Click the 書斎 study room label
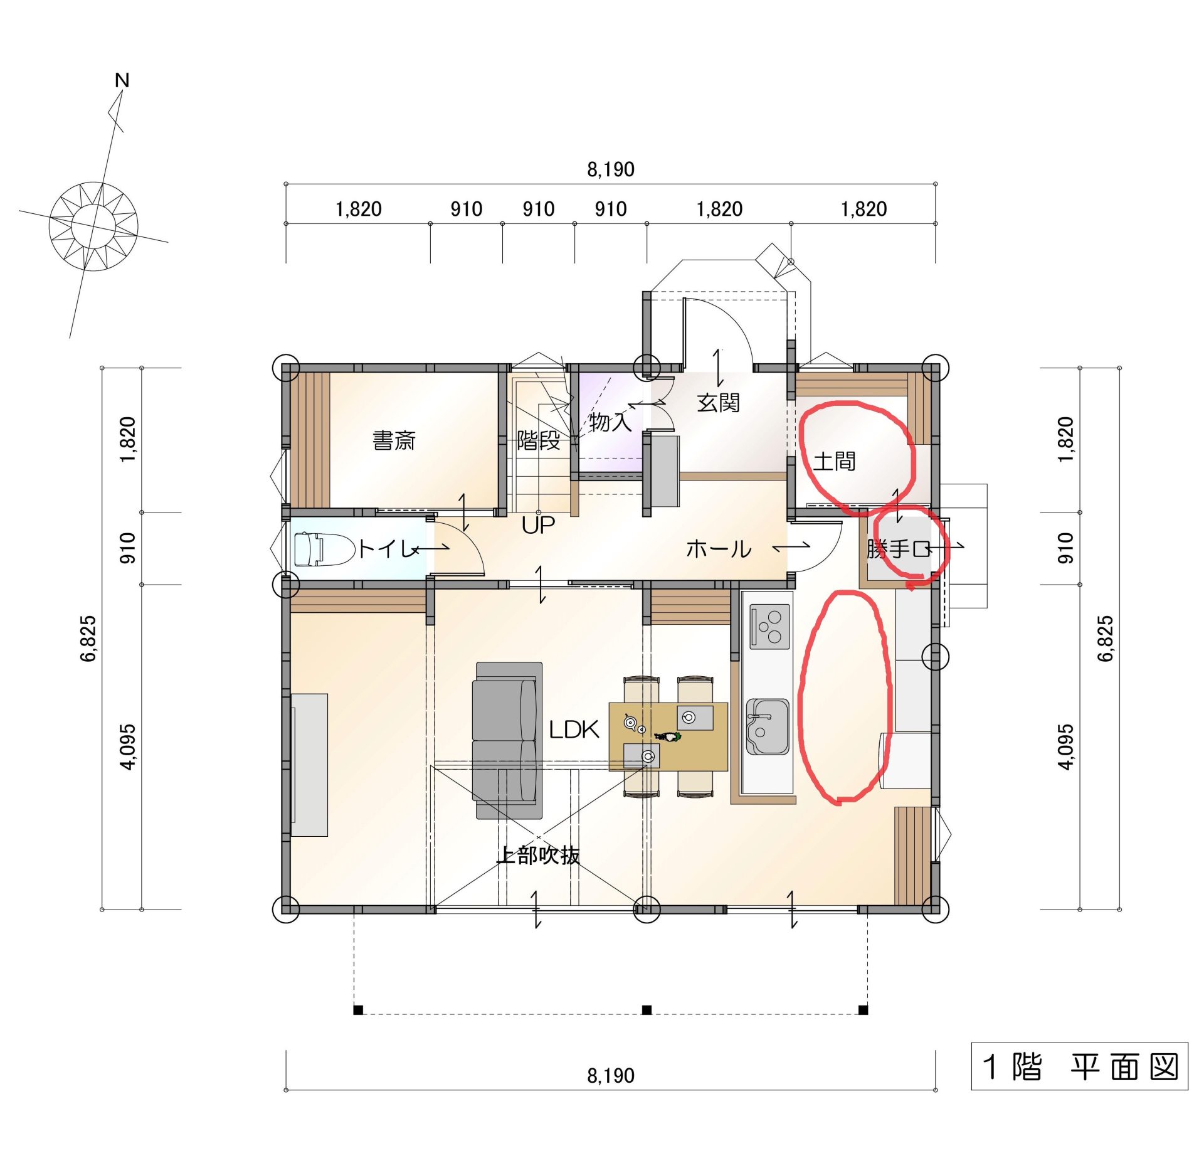coord(394,440)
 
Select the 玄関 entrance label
coord(719,403)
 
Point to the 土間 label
coord(835,461)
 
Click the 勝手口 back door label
coord(899,549)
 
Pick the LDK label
coord(574,729)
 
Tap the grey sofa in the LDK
coord(507,740)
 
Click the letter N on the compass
coord(122,80)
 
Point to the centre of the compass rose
coord(93,226)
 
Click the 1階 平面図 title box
coord(1079,1066)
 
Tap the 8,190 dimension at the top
coord(611,169)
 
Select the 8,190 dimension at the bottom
coord(611,1076)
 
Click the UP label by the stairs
coord(538,525)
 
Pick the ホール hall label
coord(719,550)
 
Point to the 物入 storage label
coord(610,422)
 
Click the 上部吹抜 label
coord(538,855)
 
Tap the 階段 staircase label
coord(538,440)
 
